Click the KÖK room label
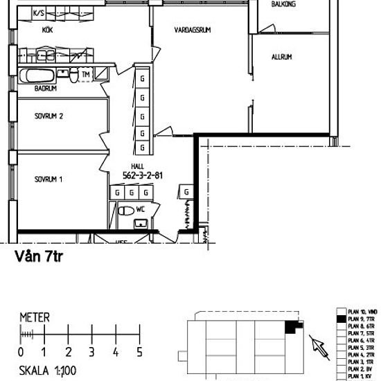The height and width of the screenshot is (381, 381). (48, 30)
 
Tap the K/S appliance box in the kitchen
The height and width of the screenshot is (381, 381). (39, 13)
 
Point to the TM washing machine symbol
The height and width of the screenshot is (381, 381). (86, 74)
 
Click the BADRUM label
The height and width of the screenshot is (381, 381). (45, 89)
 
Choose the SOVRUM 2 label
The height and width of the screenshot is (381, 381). (48, 116)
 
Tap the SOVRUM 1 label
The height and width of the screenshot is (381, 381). (48, 179)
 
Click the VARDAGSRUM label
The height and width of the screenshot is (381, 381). (192, 30)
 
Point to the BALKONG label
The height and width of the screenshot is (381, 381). (284, 4)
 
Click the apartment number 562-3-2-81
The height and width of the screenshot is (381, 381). (143, 175)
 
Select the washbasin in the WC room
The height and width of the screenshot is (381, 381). (141, 222)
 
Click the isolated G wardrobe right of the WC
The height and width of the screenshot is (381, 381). (186, 191)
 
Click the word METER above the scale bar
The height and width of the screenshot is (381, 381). (35, 318)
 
